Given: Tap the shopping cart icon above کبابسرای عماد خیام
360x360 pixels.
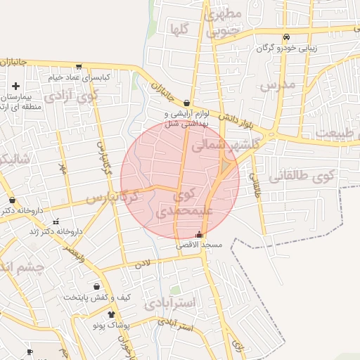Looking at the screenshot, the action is click(79, 67).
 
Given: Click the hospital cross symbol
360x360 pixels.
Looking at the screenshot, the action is click(15, 86).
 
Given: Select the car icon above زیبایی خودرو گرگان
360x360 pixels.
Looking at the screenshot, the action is click(286, 37).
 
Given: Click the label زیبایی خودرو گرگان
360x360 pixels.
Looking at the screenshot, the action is click(286, 48).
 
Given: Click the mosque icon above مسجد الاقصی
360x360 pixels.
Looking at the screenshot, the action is click(199, 234).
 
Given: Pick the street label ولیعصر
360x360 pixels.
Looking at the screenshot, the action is click(74, 250).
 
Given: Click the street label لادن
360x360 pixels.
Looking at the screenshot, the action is click(143, 264).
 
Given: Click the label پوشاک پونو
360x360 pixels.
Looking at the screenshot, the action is click(112, 326).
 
